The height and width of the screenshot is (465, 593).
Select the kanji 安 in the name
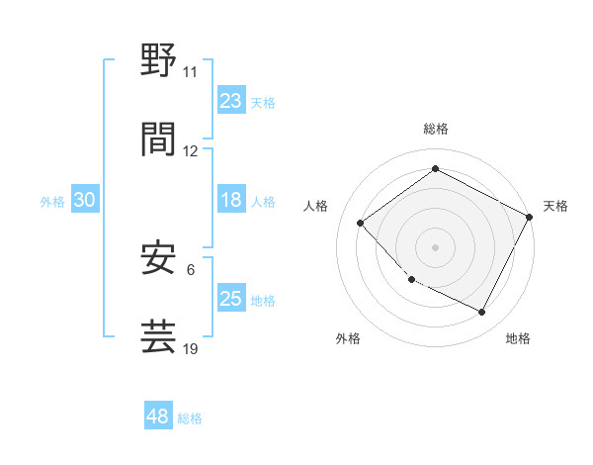[x=159, y=256]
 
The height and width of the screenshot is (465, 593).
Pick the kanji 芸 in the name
[x=159, y=335]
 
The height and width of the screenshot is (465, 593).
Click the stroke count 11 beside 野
[x=190, y=72]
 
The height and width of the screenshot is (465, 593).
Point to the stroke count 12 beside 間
[x=190, y=150]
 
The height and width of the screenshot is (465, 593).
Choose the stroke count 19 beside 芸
[x=190, y=349]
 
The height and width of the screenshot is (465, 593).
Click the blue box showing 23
[x=231, y=101]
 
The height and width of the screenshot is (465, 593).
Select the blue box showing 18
[x=231, y=200]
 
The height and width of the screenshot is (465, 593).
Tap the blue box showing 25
[x=231, y=299]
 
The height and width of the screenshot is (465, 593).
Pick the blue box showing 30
[x=85, y=200]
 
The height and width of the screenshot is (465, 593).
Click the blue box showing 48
[x=158, y=417]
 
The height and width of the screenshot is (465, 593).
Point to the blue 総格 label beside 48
[x=190, y=418]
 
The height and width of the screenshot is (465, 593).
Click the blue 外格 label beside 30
[x=52, y=201]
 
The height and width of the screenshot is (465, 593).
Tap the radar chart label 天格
[x=555, y=206]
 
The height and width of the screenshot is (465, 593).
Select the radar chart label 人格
[x=316, y=206]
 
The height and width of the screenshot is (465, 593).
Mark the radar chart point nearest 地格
[x=482, y=313]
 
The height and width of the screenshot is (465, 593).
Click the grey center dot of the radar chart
[x=435, y=247]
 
